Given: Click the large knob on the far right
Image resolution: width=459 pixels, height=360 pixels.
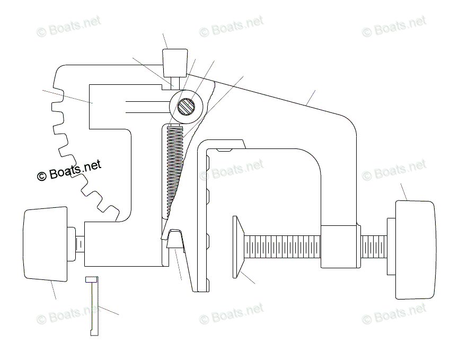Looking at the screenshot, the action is tap(417, 249).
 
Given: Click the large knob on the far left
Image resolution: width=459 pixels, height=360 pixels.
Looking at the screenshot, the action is tap(46, 243).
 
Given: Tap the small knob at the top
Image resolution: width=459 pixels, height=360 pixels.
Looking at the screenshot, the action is tap(174, 61).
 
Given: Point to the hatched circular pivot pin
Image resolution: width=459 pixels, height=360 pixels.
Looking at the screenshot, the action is tap(186, 107).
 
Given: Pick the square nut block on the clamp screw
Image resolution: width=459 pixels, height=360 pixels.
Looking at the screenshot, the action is tap(339, 246).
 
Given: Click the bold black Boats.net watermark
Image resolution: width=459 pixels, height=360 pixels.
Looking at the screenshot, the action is tap(69, 171).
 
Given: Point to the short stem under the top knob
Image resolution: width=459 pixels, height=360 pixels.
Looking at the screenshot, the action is tap(175, 82).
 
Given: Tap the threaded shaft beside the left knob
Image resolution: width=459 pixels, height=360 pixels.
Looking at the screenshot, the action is tap(79, 244).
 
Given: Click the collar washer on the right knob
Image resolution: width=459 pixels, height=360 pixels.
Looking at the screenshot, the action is tap(391, 246).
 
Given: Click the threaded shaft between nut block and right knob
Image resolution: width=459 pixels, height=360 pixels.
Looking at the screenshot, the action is tap(374, 247).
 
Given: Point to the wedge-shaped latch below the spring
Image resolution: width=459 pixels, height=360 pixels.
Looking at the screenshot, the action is tap(174, 239).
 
